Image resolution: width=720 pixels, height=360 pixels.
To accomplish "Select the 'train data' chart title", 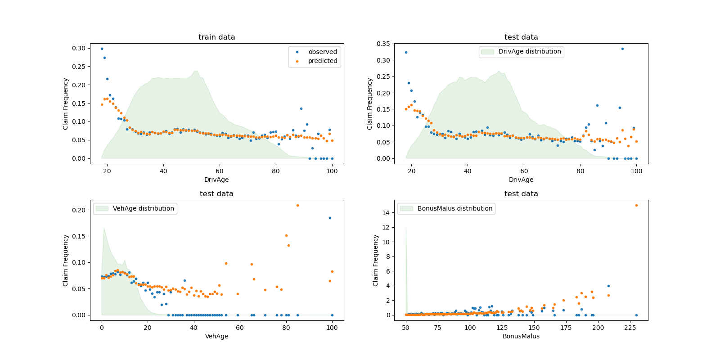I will click(216, 37).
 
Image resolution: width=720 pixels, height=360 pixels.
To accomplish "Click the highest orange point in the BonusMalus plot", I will click(636, 205).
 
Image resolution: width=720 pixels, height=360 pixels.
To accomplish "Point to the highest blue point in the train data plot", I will click(102, 49).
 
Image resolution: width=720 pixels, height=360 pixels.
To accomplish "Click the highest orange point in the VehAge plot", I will click(297, 205).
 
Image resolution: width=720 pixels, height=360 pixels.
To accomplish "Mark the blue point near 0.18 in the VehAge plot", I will click(330, 218).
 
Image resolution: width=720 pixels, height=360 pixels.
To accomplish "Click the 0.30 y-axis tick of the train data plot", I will click(79, 48).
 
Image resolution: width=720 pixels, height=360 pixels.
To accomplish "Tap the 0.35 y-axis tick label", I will click(383, 44).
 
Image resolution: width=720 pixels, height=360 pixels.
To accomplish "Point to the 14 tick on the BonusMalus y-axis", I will click(386, 213).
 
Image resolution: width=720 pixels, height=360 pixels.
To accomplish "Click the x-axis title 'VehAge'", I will click(216, 336).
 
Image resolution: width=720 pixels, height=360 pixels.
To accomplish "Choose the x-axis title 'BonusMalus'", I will click(521, 336).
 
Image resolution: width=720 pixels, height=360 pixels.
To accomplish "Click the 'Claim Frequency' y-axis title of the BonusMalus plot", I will click(376, 261).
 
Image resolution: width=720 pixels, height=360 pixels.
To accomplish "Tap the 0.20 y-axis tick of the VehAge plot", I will click(79, 210).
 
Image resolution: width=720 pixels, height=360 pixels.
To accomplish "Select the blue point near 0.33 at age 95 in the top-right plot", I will click(622, 49).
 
